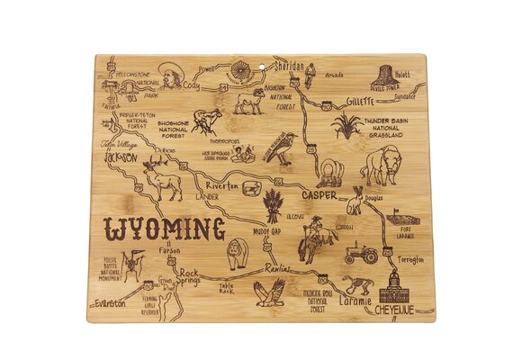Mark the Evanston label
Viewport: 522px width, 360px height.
click(x=112, y=304)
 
